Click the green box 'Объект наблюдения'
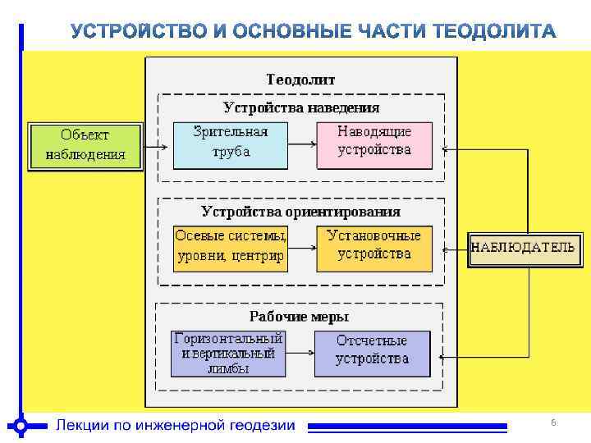point(85,146)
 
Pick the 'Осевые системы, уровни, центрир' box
point(230,247)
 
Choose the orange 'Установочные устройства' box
point(374,247)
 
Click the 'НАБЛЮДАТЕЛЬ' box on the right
point(522,248)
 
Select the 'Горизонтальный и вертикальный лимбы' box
point(228,354)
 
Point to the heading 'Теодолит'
point(300,80)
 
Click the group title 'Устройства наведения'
point(301,107)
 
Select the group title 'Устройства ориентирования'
point(301,211)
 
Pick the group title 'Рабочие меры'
point(299,317)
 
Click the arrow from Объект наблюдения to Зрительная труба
point(158,148)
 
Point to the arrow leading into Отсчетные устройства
point(300,354)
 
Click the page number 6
point(553,422)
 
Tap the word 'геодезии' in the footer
point(259,425)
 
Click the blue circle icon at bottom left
point(21,425)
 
